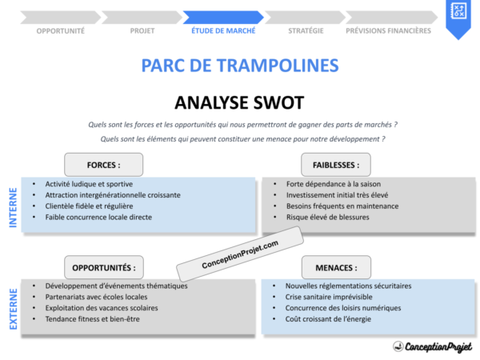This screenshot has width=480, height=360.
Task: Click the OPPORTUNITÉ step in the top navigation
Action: [61, 31]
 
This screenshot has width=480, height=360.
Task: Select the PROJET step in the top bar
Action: [142, 31]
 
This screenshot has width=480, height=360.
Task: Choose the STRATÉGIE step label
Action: [306, 31]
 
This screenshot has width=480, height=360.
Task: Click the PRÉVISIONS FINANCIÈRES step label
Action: [388, 31]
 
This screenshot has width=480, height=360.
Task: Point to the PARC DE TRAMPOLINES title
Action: [239, 66]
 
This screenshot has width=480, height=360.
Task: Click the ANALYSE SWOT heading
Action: [239, 102]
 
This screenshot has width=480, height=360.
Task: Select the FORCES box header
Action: [103, 166]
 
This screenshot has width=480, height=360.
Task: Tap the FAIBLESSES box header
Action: [330, 166]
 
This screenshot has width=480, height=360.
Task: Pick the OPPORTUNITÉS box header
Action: [103, 268]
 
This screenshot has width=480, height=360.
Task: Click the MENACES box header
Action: [330, 268]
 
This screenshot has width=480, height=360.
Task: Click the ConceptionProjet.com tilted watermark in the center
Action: [239, 255]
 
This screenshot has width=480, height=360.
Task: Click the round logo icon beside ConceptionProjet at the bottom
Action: [398, 346]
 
